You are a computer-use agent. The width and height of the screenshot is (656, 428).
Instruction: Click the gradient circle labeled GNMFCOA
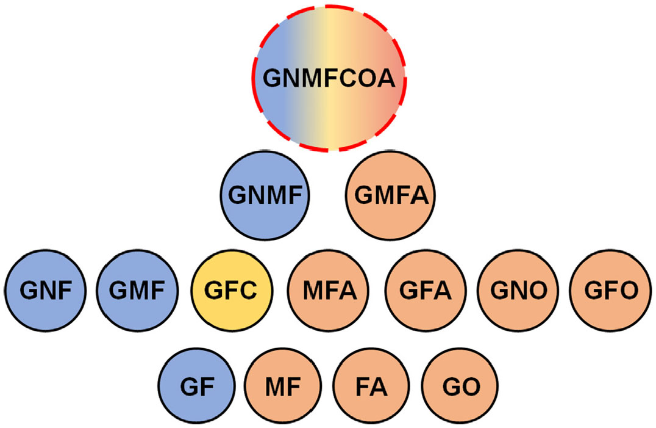point(329,78)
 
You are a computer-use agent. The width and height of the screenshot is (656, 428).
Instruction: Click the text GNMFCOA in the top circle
point(329,79)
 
